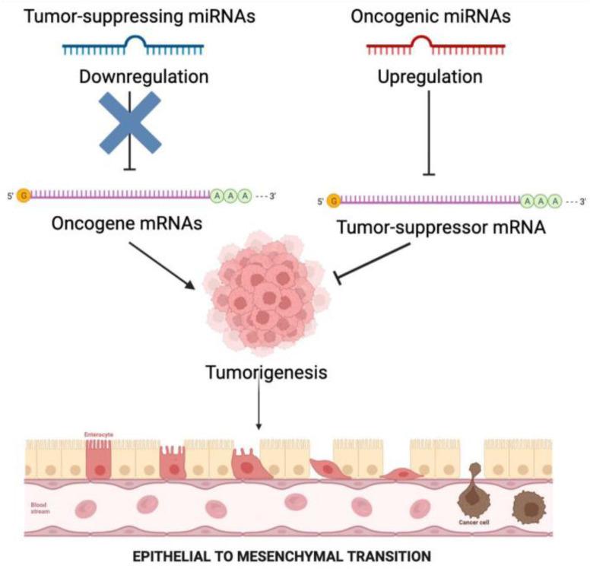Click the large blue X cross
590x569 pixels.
(x=131, y=122)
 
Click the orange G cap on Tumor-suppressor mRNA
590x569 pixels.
(x=333, y=201)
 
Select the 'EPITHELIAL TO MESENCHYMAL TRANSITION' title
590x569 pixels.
(x=294, y=555)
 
